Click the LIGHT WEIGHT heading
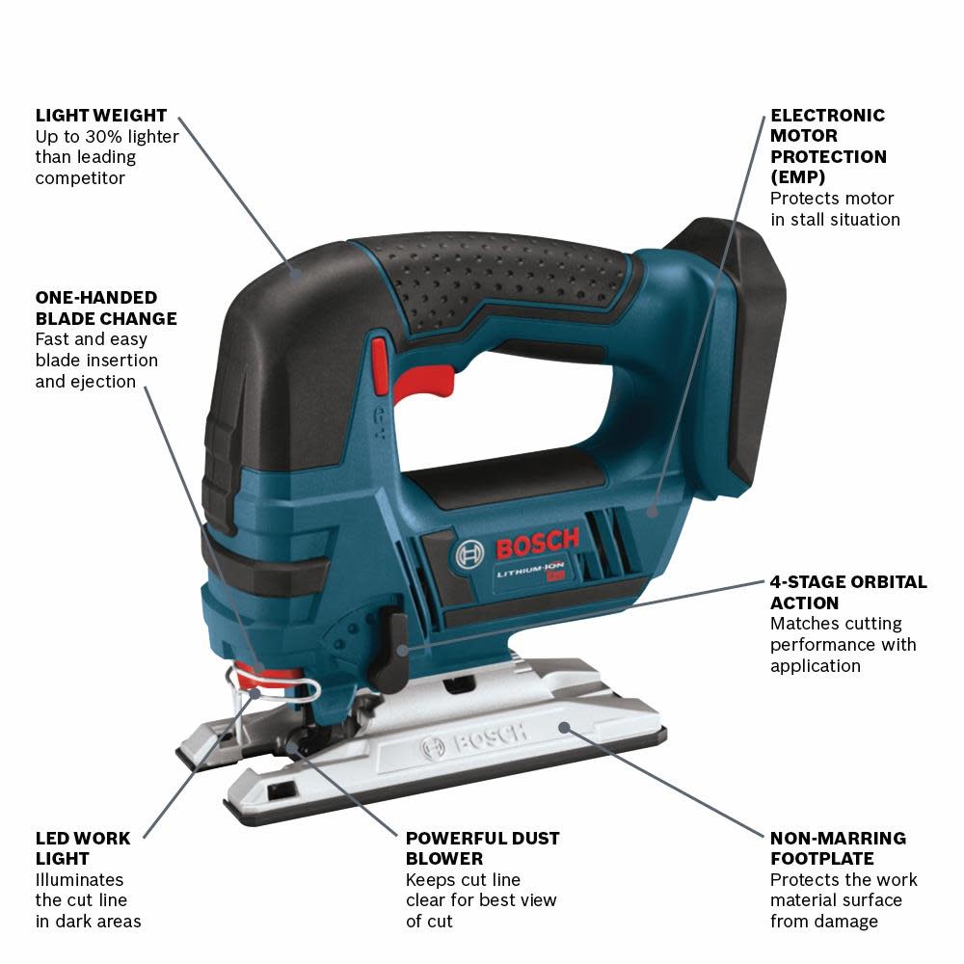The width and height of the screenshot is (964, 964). click(101, 115)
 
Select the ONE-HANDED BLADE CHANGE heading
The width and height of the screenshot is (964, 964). click(106, 308)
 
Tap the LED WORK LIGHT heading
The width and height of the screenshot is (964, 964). click(83, 848)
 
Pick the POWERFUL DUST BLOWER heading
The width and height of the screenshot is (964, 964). click(482, 848)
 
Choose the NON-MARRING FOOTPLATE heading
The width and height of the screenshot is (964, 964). click(838, 848)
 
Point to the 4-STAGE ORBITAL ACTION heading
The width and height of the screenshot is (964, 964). click(848, 592)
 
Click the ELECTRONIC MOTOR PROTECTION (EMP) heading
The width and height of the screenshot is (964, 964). click(828, 146)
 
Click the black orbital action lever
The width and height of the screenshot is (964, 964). click(397, 641)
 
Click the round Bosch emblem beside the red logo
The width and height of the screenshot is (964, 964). click(469, 554)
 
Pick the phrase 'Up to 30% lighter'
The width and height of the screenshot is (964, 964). click(107, 136)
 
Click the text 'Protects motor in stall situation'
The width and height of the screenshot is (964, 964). click(835, 208)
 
